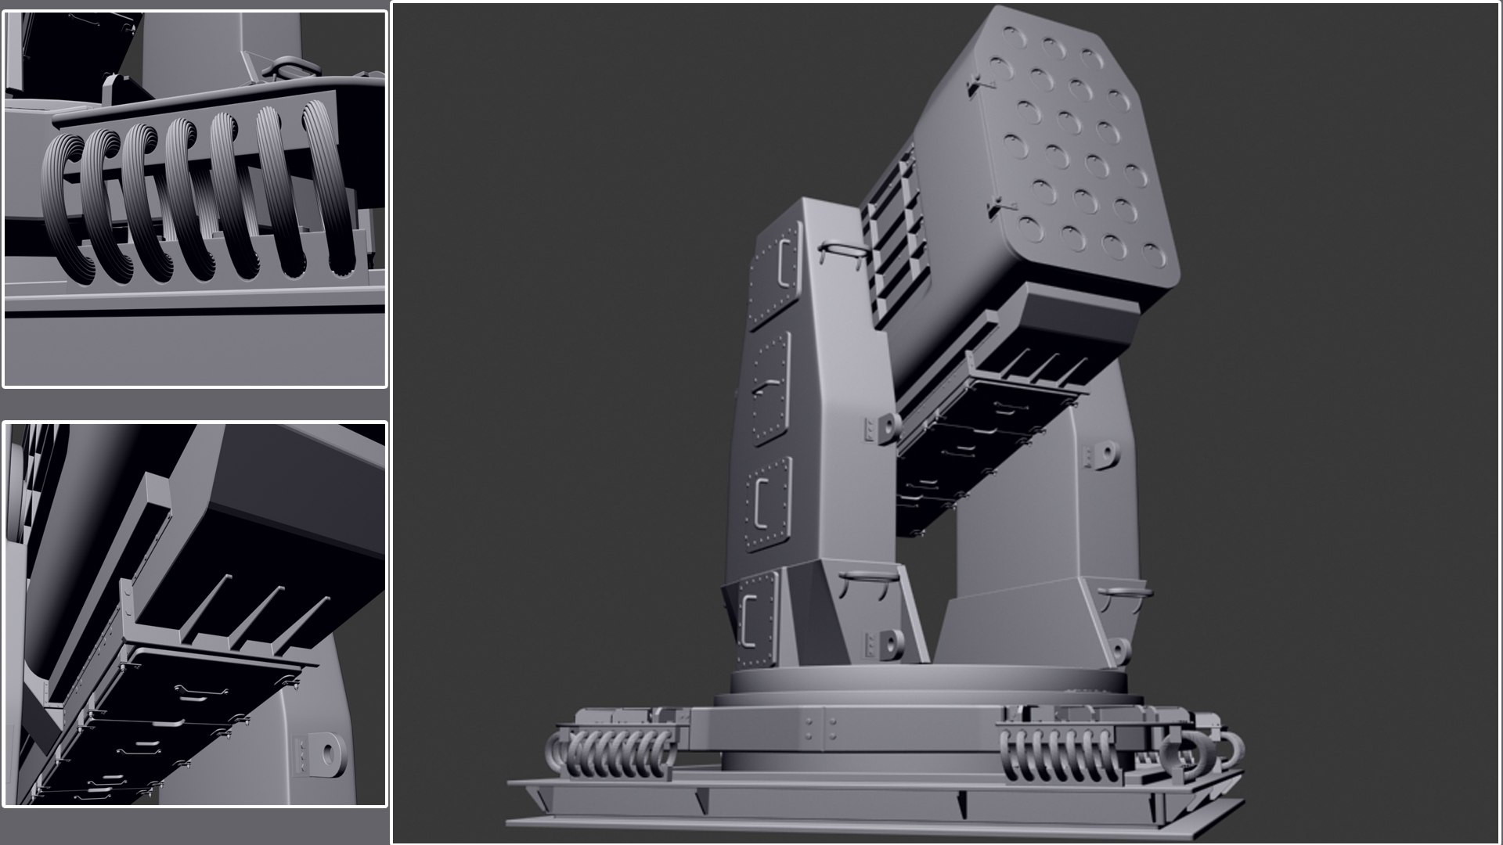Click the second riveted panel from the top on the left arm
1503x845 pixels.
point(771,389)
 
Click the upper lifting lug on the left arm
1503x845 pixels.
point(885,427)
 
